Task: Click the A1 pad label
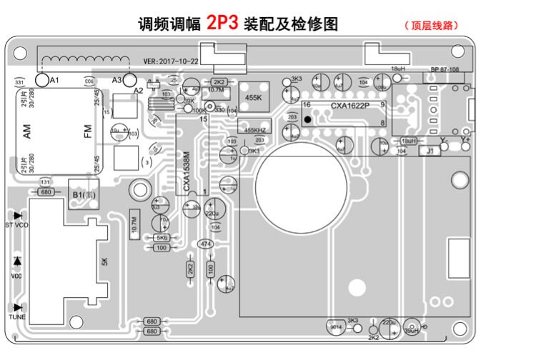coord(54,79)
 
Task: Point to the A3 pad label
coord(117,79)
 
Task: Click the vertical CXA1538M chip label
coord(187,171)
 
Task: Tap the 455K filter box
coord(253,96)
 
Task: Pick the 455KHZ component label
coord(255,130)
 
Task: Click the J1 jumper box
coord(430,151)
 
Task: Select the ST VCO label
coord(17,225)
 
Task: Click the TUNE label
coord(17,316)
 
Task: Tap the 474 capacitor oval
coord(206,244)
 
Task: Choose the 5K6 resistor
coord(162,237)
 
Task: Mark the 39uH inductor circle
coord(412,329)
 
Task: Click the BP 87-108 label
coord(445,70)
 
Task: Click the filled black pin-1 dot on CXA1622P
coord(307,120)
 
